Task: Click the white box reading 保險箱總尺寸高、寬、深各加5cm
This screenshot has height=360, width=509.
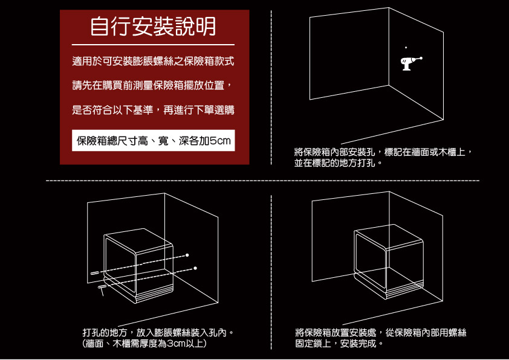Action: (x=153, y=141)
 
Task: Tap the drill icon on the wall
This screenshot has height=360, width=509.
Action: (x=410, y=62)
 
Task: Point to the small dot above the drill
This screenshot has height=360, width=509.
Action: (x=406, y=47)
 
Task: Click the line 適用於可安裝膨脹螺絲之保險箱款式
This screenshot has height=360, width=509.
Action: (x=153, y=62)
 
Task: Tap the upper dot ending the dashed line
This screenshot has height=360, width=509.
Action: (x=188, y=254)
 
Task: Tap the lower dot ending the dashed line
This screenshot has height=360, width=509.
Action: (x=195, y=267)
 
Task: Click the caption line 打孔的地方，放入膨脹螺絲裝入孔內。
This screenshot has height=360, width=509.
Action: (x=158, y=333)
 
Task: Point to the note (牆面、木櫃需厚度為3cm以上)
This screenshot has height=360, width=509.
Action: (x=145, y=344)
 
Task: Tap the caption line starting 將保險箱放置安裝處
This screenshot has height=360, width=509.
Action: (x=381, y=333)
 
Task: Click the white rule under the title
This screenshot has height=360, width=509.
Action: (x=153, y=45)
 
